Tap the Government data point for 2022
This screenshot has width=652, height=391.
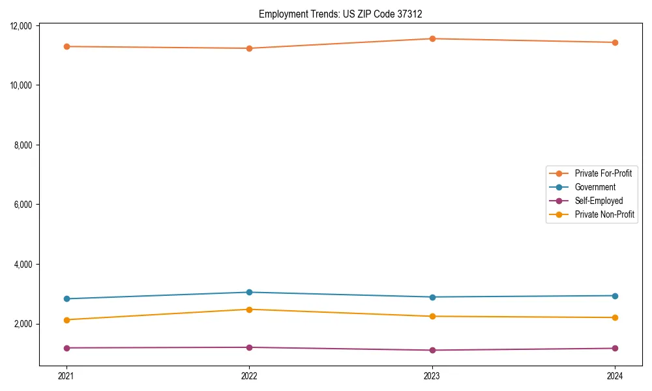tap(249, 292)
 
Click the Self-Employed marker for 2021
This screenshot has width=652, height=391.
tap(67, 348)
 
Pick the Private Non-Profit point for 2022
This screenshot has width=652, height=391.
tap(249, 310)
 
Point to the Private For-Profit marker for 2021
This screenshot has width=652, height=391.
tap(67, 46)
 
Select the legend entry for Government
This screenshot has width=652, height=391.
tap(595, 187)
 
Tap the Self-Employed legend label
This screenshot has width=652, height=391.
tap(599, 201)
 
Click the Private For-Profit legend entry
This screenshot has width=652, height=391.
tap(602, 173)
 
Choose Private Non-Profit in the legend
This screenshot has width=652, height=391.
tap(604, 214)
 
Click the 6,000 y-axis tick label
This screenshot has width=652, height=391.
tap(24, 205)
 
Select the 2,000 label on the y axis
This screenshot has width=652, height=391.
tap(24, 324)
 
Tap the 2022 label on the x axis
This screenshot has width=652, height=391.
tap(249, 375)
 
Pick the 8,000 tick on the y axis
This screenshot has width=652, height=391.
tap(24, 145)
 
